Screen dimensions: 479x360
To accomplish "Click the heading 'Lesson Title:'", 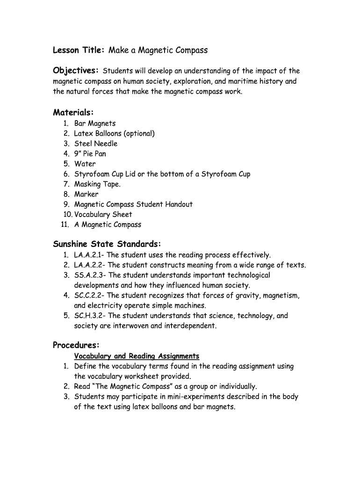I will pos(78,50).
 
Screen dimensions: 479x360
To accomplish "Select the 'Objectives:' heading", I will pos(76,71).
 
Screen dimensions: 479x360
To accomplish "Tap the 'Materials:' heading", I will pos(73,112).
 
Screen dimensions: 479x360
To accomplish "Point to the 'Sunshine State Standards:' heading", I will pos(107,244).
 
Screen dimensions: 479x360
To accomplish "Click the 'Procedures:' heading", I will pos(76,345).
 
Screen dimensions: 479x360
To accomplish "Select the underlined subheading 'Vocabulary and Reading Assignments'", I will pos(137,356).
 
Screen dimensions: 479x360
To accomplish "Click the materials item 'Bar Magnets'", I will pos(95,123).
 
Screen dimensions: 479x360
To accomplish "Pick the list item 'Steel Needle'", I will pos(96,144).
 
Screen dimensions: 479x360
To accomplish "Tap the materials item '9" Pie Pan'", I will pos(90,154).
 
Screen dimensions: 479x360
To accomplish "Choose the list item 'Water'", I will pos(85,164).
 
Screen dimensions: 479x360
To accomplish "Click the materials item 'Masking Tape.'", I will pos(97,184).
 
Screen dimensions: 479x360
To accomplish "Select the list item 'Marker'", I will pos(86,194).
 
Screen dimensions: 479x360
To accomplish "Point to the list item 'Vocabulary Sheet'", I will pos(103,214).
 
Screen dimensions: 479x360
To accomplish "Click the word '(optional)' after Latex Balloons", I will pos(137,134).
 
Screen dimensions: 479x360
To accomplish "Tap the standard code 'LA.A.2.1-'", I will pos(89,255).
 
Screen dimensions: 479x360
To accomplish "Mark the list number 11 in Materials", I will pos(65,225).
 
